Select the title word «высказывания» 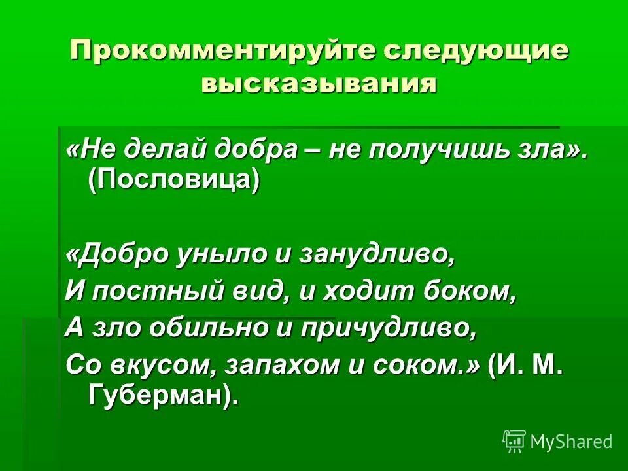319,84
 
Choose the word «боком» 472,290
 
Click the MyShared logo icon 514,442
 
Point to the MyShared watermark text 572,442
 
